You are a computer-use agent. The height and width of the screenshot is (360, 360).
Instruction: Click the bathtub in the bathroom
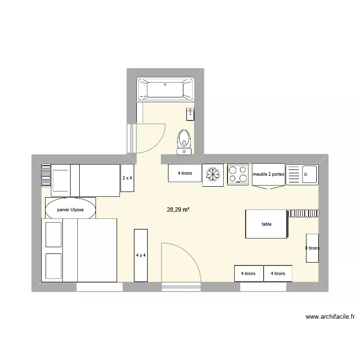166,89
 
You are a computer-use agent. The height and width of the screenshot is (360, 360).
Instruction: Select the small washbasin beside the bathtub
190,114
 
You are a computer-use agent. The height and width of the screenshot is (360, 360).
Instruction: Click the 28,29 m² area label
178,210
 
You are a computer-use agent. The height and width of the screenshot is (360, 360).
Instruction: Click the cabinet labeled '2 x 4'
127,178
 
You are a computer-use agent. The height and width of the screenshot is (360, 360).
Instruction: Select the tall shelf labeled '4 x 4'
141,255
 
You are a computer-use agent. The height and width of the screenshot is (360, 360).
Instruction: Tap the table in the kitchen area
266,224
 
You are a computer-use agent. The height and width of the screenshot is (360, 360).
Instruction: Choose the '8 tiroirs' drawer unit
312,248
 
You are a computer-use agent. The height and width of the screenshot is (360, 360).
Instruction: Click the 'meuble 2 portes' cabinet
269,174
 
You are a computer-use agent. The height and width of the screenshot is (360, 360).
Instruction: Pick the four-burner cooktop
238,174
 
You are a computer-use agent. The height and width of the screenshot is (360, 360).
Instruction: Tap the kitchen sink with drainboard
302,174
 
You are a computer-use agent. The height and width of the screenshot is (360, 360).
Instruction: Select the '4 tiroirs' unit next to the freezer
185,173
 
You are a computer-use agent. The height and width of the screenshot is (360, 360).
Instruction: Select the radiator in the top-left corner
46,175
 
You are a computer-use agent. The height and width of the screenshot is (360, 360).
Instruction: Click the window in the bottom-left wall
100,287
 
